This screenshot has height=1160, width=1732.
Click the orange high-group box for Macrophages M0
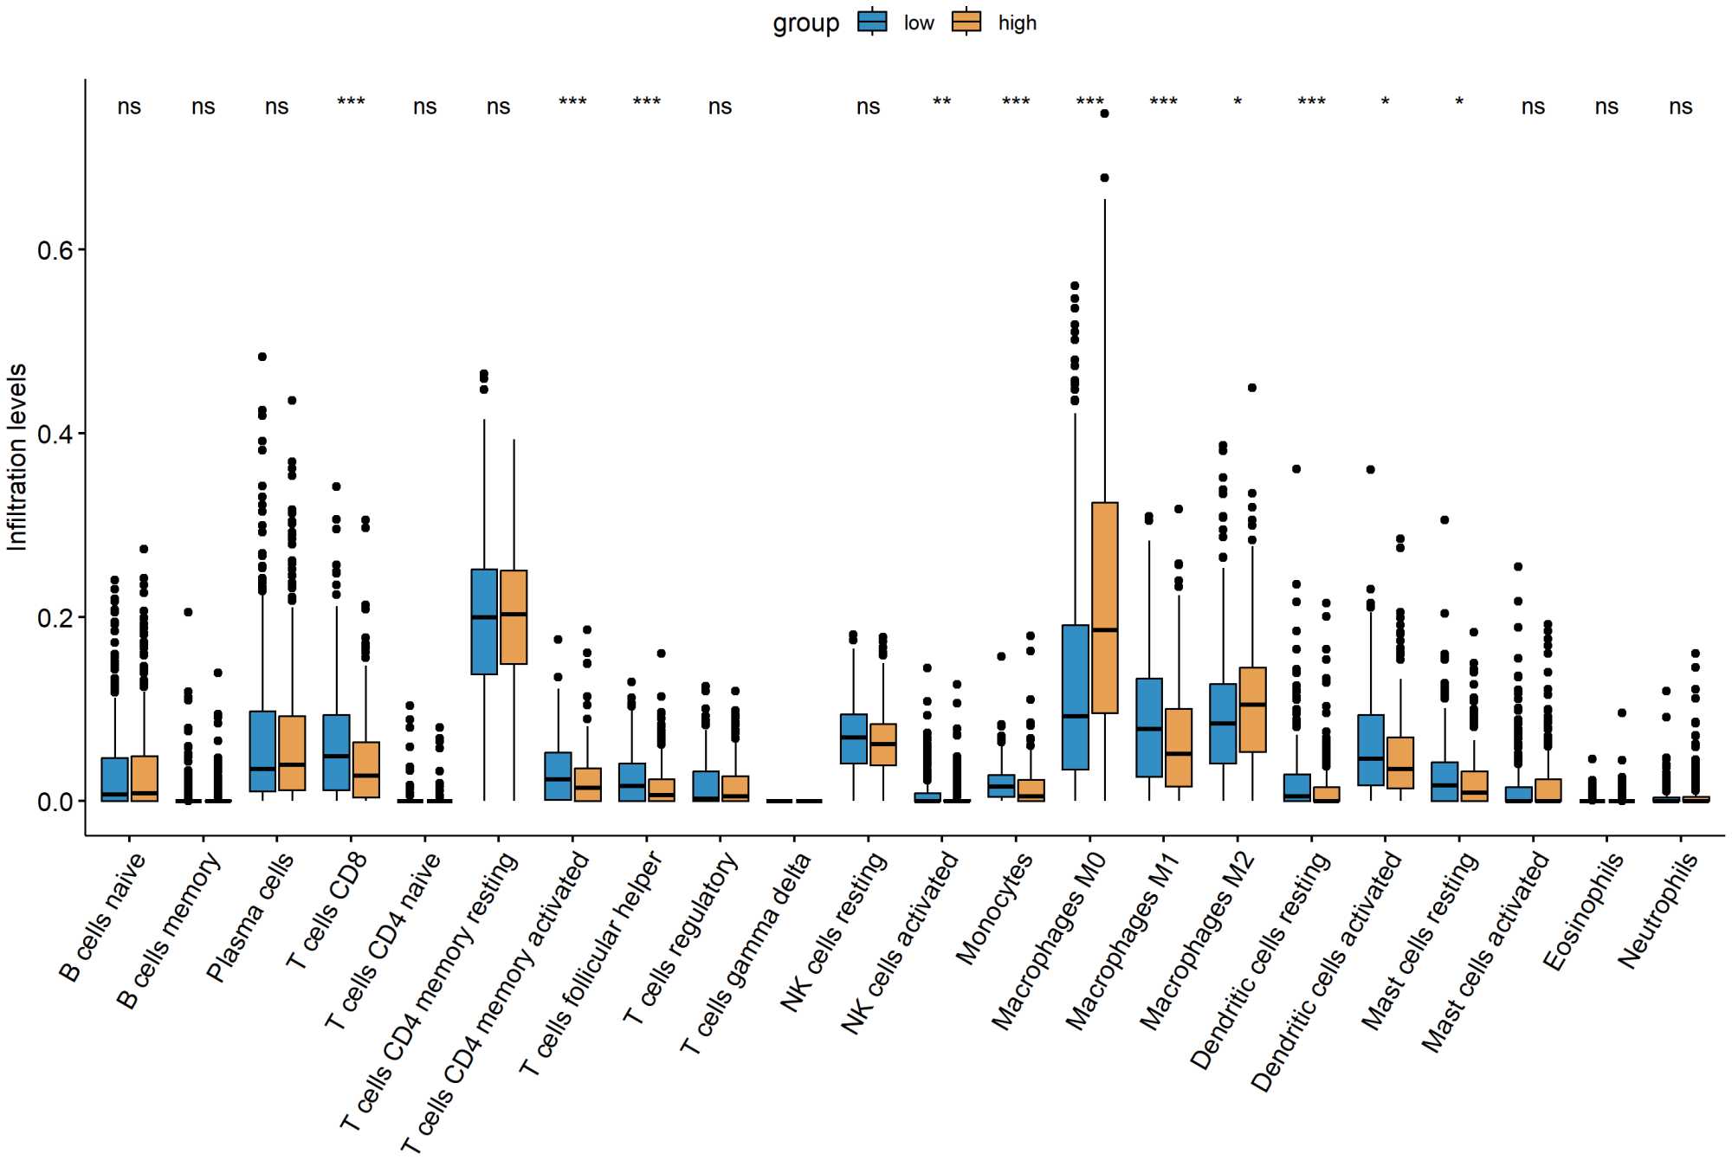pyautogui.click(x=1105, y=606)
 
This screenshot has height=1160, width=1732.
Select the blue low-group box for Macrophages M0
pyautogui.click(x=1075, y=697)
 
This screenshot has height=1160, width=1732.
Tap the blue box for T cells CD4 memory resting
pyautogui.click(x=484, y=621)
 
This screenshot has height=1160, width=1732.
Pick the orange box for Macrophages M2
pyautogui.click(x=1253, y=709)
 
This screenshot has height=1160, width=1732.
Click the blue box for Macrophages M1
pyautogui.click(x=1149, y=727)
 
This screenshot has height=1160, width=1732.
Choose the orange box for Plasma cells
pyautogui.click(x=292, y=752)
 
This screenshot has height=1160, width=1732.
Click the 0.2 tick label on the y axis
pyautogui.click(x=55, y=617)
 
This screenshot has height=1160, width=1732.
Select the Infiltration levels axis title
pyautogui.click(x=17, y=456)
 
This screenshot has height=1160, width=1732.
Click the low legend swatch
pyautogui.click(x=872, y=23)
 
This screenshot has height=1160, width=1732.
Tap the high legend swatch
pyautogui.click(x=966, y=23)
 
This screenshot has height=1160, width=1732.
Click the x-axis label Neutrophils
pyautogui.click(x=1658, y=910)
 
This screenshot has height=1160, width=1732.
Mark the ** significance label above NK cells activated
pyautogui.click(x=942, y=102)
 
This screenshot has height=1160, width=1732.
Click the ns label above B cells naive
pyautogui.click(x=129, y=106)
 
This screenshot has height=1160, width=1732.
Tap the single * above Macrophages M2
pyautogui.click(x=1238, y=102)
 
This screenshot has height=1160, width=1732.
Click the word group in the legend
pyautogui.click(x=805, y=23)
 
